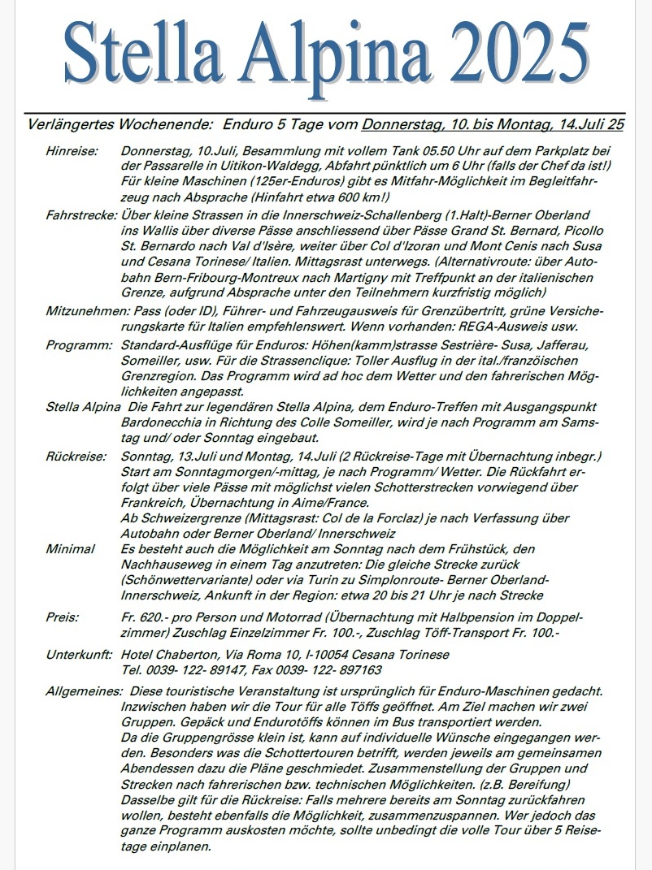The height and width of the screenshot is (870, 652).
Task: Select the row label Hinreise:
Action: coord(72,151)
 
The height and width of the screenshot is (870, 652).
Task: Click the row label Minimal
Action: coord(70,549)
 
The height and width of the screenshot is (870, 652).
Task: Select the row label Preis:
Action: coord(62,617)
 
